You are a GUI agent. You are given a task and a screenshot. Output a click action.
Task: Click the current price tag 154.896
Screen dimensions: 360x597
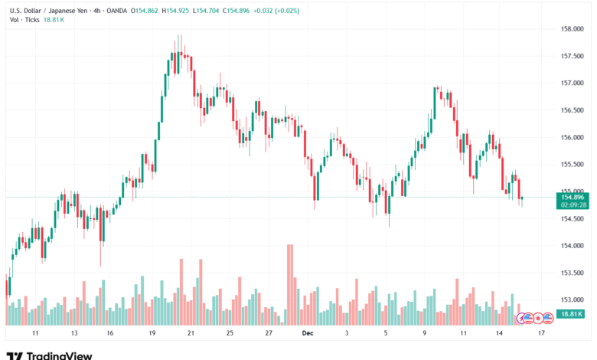(573, 198)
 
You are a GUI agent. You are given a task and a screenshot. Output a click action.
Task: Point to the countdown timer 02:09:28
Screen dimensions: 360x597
(573, 205)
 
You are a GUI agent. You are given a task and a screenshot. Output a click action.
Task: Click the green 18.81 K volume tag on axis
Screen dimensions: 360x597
(573, 314)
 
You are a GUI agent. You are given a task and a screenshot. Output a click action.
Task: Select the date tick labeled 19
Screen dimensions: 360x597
(152, 334)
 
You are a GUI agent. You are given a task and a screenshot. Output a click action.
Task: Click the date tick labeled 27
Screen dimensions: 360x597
(269, 334)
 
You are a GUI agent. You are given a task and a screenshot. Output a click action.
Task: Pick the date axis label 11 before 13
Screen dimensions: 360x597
(35, 334)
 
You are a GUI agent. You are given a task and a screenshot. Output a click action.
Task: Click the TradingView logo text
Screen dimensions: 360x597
(59, 355)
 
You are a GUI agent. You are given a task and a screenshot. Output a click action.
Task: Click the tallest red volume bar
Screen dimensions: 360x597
(290, 284)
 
